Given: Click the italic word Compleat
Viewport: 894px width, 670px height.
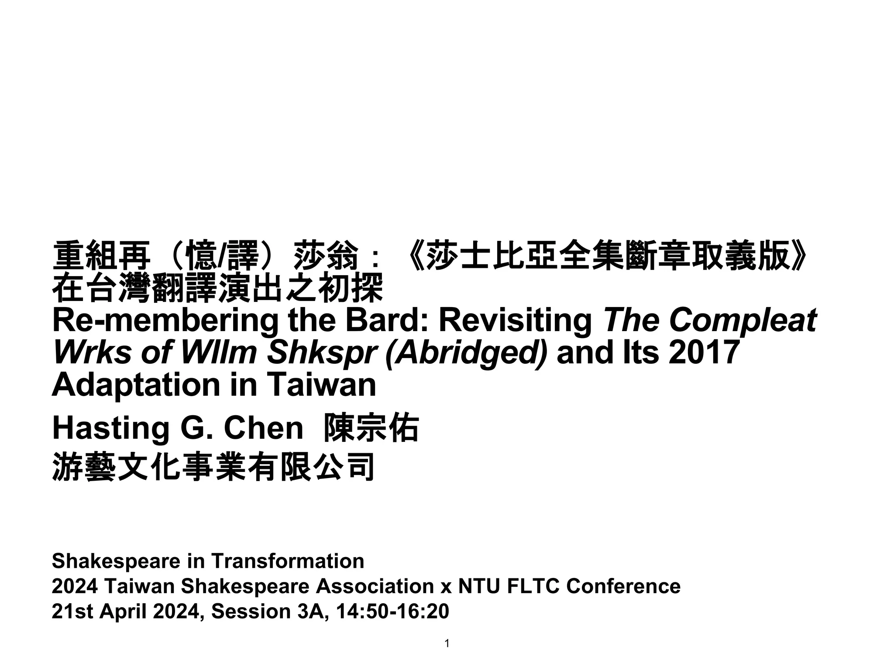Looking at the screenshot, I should tap(743, 321).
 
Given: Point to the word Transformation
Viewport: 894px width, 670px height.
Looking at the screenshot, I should tap(288, 561).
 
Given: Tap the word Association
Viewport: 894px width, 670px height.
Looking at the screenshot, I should tap(375, 586).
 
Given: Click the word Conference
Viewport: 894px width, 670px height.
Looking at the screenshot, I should tap(623, 586).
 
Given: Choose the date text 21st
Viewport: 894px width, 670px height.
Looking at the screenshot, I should tap(72, 612).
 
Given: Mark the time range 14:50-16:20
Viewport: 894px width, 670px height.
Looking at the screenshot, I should tap(392, 612).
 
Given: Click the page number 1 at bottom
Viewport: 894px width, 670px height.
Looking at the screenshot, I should tap(447, 643).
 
